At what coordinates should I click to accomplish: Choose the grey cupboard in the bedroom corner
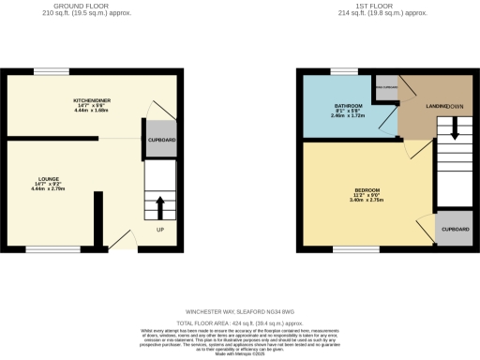(456, 229)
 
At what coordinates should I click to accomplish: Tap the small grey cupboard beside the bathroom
(384, 89)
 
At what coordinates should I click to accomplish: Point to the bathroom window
(343, 71)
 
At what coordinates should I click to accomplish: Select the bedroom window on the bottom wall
(351, 249)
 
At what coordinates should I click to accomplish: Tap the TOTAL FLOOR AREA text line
(239, 322)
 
